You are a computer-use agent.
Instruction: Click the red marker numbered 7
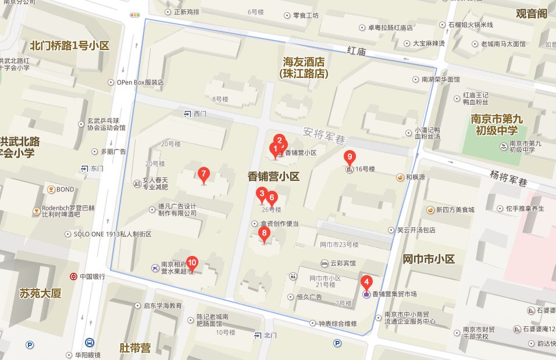[x=203, y=173]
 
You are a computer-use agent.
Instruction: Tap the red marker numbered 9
[x=350, y=156]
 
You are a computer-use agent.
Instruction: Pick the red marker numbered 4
[x=366, y=281]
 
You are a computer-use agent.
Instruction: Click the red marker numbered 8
[x=265, y=234]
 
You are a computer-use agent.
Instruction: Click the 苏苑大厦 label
[x=40, y=293]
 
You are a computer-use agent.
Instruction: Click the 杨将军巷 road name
[x=508, y=177]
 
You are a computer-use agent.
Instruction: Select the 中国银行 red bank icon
[x=74, y=276]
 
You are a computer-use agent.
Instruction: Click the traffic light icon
[x=135, y=15]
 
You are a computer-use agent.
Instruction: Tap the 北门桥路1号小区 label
[x=70, y=45]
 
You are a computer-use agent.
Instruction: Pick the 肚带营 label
[x=135, y=348]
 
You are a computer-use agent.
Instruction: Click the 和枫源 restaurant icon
[x=400, y=177]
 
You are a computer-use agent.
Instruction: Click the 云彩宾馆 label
[x=343, y=263]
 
